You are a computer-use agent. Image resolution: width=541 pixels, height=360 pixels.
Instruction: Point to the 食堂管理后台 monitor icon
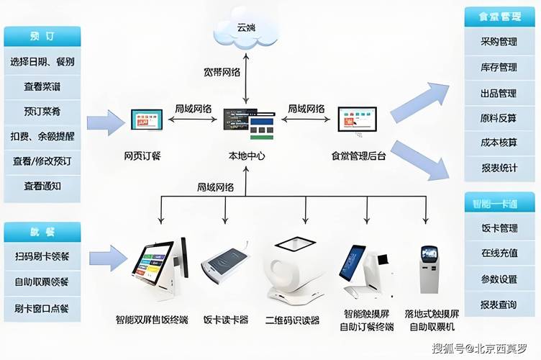pos(357,121)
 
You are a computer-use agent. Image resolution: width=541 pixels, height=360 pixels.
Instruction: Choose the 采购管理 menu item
pos(499,41)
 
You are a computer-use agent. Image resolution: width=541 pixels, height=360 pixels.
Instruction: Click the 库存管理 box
pos(499,67)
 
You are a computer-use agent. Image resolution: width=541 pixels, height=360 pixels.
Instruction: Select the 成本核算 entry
pos(499,143)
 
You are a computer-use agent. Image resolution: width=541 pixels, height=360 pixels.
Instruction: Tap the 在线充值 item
pos(499,253)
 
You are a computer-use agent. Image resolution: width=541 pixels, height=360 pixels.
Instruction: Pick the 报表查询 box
pos(499,305)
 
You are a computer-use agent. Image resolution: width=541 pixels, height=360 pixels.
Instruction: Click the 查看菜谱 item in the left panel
pos(42,86)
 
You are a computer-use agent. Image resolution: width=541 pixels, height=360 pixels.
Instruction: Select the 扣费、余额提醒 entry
pos(42,136)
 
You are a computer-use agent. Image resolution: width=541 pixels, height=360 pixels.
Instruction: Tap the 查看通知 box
pos(42,186)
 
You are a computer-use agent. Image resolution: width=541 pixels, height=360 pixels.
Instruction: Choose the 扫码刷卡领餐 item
pos(42,256)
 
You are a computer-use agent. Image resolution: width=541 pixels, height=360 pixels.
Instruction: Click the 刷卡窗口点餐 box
pos(42,308)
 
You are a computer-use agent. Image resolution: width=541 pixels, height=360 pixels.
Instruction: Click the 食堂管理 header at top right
pos(499,16)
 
